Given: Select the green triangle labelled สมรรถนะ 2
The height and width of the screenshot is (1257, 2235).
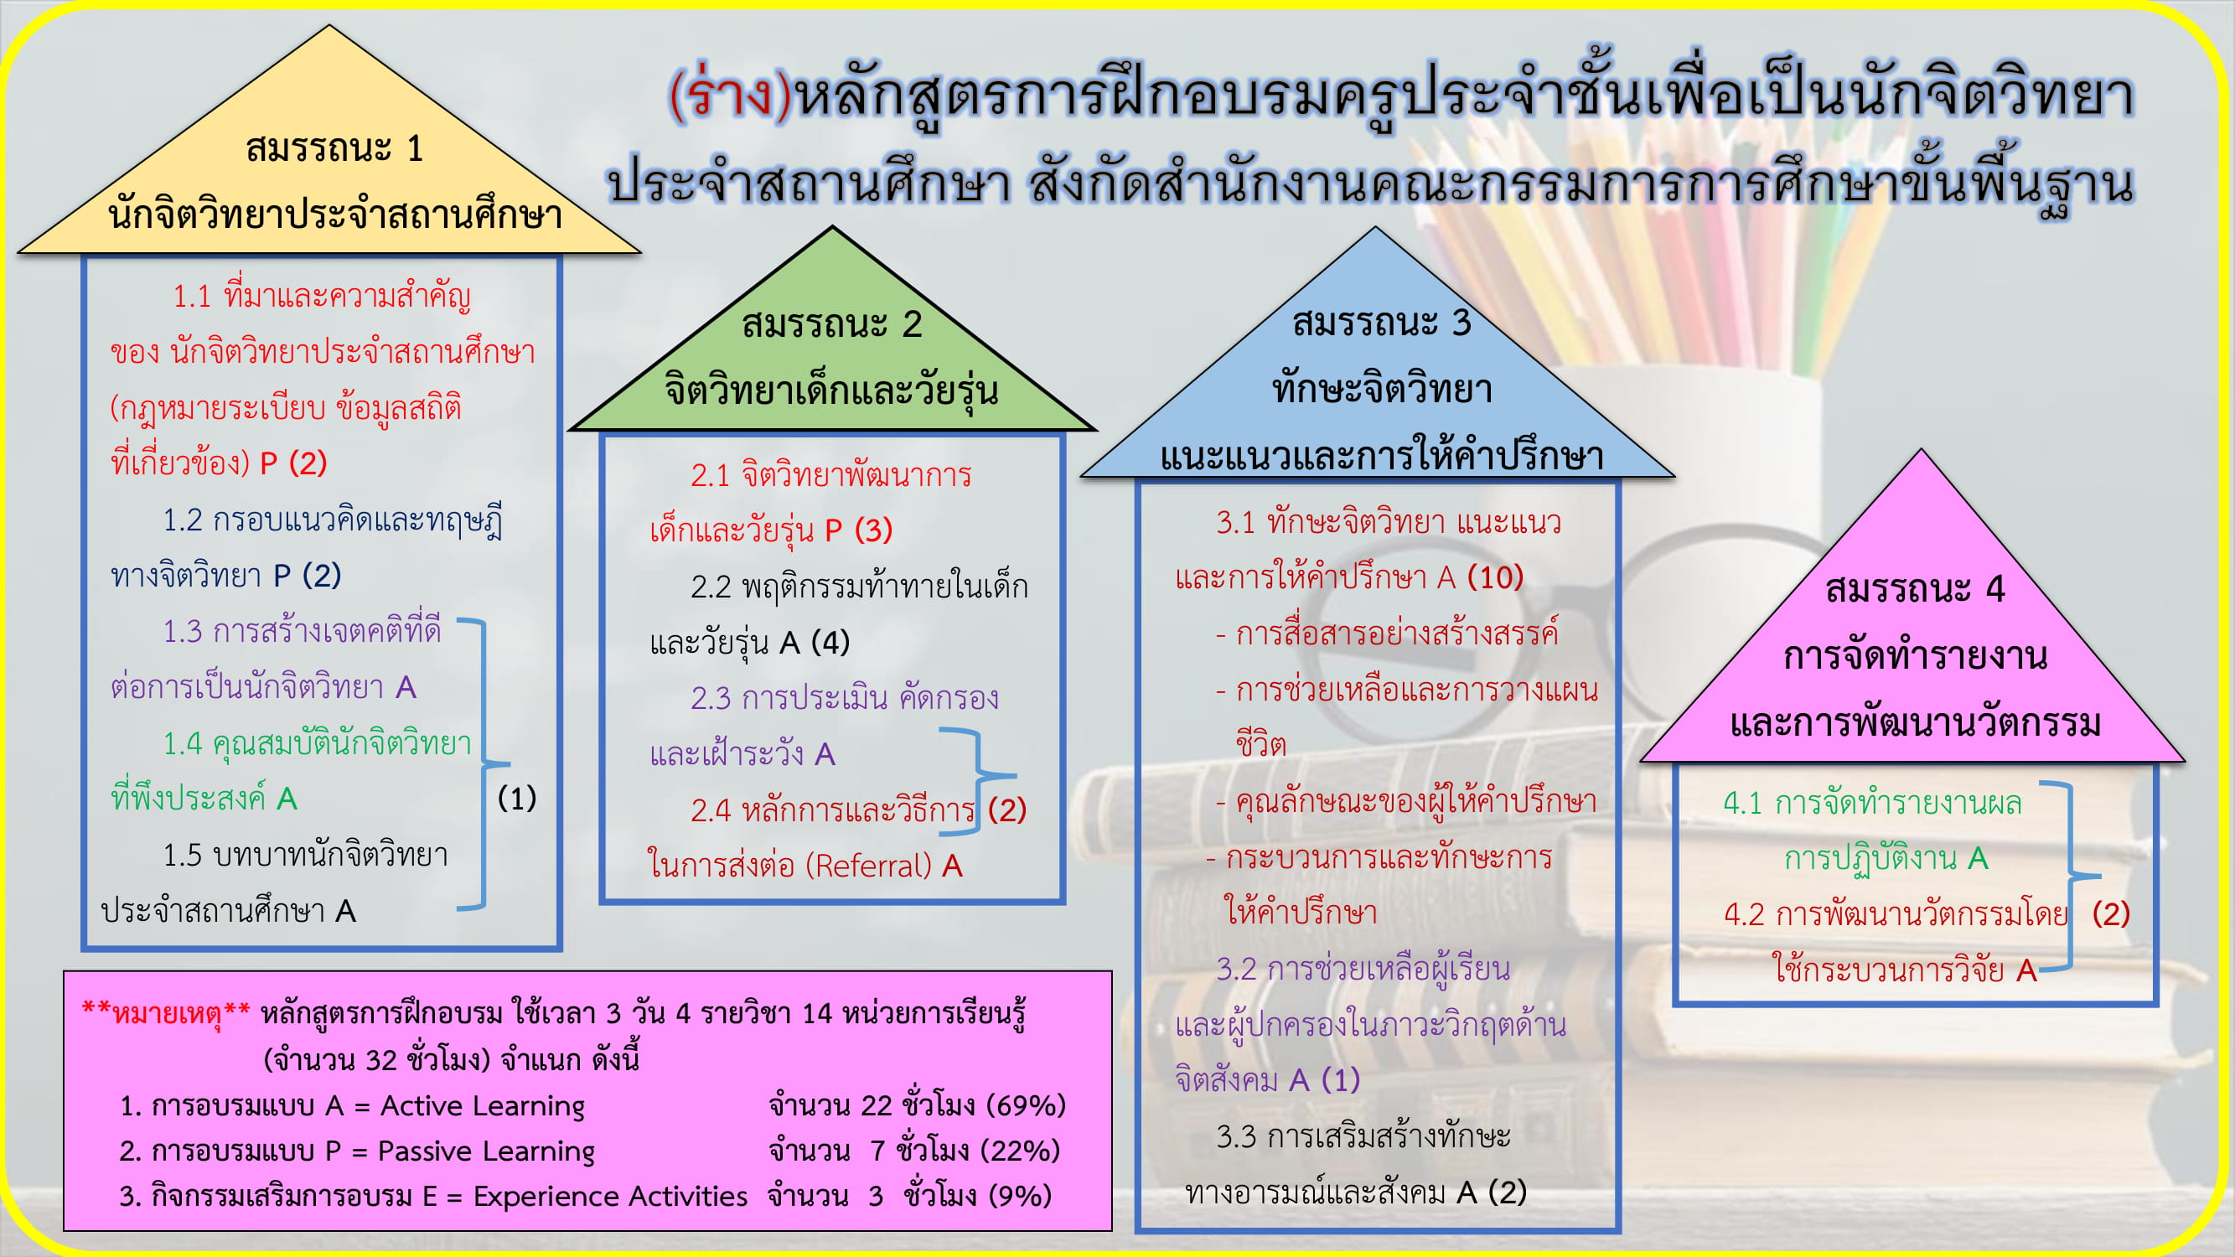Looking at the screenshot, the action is pyautogui.click(x=832, y=347).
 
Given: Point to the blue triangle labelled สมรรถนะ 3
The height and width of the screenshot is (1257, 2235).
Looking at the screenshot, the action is pyautogui.click(x=1377, y=373).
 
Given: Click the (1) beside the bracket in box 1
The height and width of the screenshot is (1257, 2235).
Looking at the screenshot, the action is pyautogui.click(x=517, y=798).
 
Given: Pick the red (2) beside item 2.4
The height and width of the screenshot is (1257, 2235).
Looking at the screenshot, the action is pyautogui.click(x=1007, y=810).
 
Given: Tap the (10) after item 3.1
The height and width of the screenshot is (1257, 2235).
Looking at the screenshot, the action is pyautogui.click(x=1495, y=577).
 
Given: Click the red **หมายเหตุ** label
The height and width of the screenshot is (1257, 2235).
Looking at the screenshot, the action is pyautogui.click(x=166, y=1013).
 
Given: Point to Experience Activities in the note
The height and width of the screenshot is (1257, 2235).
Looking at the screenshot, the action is pyautogui.click(x=610, y=1197).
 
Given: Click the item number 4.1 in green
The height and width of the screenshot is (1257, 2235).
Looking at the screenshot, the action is pyautogui.click(x=1742, y=804).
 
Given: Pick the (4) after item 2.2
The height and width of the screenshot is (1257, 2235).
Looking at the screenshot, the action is pyautogui.click(x=830, y=642).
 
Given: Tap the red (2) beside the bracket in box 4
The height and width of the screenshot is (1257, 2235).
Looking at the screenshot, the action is pyautogui.click(x=2111, y=913).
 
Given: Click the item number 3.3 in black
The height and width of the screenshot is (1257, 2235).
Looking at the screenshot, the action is pyautogui.click(x=1235, y=1136).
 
